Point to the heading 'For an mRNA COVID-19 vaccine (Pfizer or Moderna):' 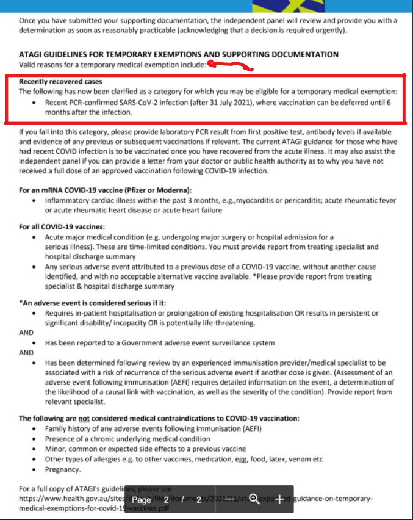coord(105,190)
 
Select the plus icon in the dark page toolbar coord(279,499)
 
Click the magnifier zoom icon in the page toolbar coord(254,499)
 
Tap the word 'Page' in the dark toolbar coord(142,500)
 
